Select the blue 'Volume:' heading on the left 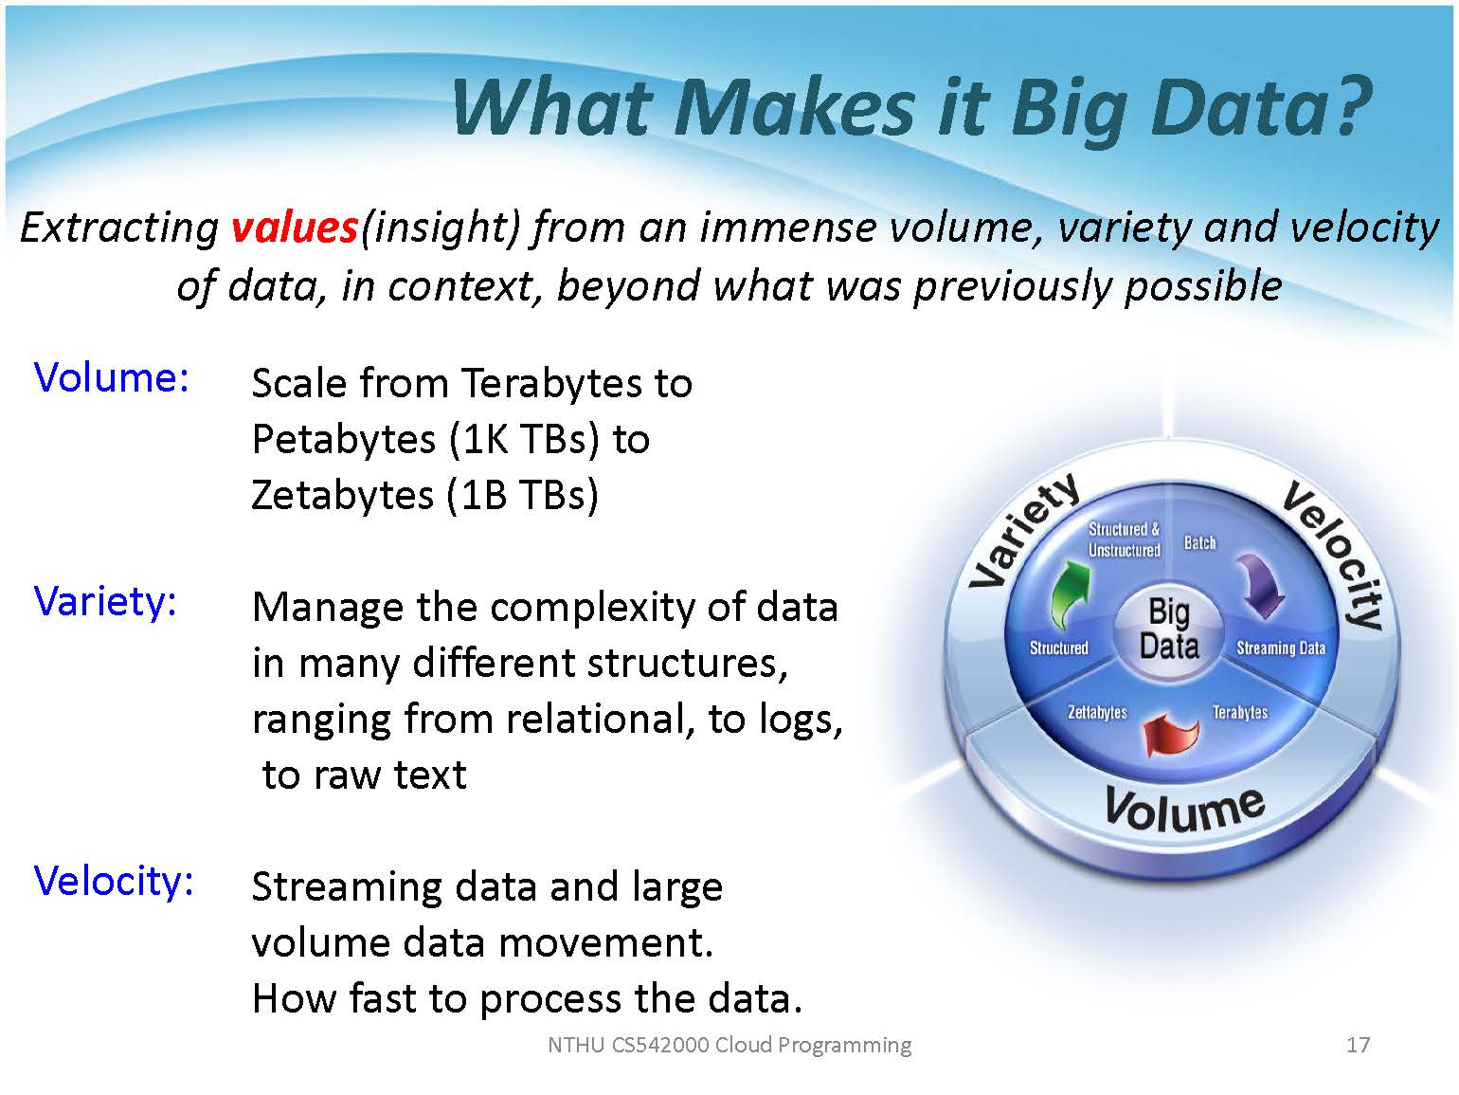(112, 377)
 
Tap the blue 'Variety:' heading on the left (106, 602)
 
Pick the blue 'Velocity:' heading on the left (114, 882)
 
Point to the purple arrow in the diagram (1260, 585)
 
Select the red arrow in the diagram (1171, 734)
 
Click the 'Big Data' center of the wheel (1169, 629)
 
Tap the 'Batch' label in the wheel (1199, 543)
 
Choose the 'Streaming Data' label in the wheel (1280, 648)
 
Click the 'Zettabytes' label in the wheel (1097, 712)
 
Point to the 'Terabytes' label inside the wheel (1239, 712)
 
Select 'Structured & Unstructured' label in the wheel (1124, 539)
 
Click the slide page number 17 (1358, 1045)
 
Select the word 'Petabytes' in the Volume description (344, 440)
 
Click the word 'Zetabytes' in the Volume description (342, 496)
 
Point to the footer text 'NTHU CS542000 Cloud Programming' (729, 1046)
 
